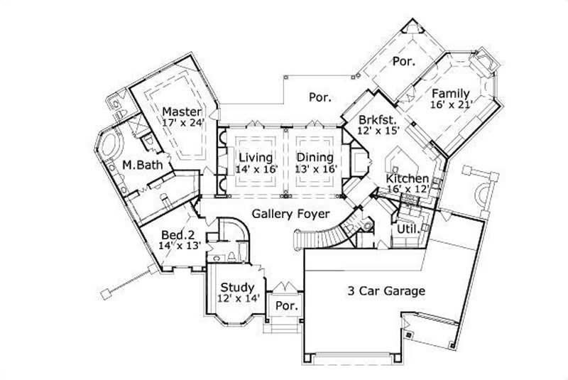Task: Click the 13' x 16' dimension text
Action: pyautogui.click(x=314, y=169)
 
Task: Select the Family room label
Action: pyautogui.click(x=451, y=93)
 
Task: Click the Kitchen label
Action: pyautogui.click(x=407, y=178)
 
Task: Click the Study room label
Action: pyautogui.click(x=238, y=287)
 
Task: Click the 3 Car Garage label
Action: pyautogui.click(x=386, y=291)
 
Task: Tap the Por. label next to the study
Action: pyautogui.click(x=287, y=306)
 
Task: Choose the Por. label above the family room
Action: pyautogui.click(x=403, y=61)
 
